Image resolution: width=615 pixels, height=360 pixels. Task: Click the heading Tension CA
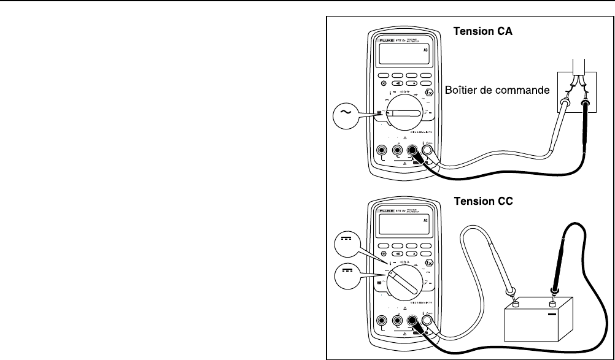coord(482,31)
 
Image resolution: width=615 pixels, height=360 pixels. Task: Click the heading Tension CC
coord(482,200)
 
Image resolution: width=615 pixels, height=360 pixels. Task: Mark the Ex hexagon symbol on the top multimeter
coord(429,95)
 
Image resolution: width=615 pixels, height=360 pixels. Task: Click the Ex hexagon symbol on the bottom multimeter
coord(429,264)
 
